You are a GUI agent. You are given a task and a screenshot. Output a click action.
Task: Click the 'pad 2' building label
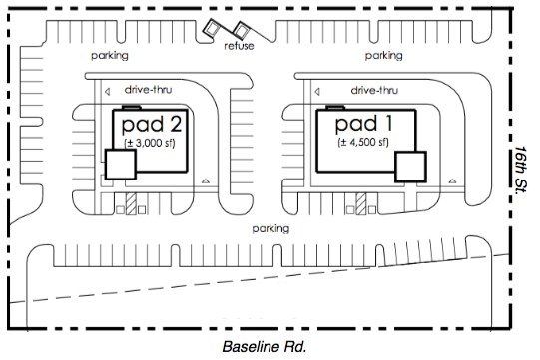[x=152, y=125]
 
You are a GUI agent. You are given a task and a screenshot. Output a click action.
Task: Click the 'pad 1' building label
[x=363, y=124]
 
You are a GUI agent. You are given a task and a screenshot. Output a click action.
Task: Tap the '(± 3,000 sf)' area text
[x=150, y=143]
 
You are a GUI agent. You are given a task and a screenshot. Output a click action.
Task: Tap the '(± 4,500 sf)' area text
[x=363, y=143]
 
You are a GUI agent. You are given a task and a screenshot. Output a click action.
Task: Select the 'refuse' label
[x=239, y=46]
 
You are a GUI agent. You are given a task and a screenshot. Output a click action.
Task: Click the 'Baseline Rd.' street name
[x=265, y=347]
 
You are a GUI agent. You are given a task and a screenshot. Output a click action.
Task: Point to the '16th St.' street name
[x=520, y=170]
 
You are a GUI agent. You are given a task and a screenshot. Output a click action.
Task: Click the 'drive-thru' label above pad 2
[x=148, y=90]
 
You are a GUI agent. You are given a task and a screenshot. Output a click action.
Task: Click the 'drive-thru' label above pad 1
[x=374, y=90]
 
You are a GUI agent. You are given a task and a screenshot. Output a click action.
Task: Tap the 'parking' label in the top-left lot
[x=110, y=56]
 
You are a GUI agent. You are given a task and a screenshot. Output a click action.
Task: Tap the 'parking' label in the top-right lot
[x=383, y=56]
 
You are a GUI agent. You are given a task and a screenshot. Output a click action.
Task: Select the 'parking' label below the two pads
[x=270, y=229]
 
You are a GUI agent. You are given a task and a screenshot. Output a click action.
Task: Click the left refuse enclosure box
[x=211, y=28]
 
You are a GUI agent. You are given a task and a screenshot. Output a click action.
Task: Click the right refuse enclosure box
[x=241, y=29]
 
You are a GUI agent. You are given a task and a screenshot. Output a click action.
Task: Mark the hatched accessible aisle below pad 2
[x=131, y=203]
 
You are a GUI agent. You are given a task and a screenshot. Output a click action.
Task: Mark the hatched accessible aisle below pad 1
[x=361, y=203]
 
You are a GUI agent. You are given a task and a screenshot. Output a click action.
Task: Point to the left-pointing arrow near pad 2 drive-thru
[x=107, y=92]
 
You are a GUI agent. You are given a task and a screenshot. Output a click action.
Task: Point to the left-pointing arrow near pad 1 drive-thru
[x=317, y=92]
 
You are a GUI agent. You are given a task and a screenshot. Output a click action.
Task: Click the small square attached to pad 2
[x=120, y=165]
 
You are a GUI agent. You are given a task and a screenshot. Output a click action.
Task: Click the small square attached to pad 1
[x=410, y=167]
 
